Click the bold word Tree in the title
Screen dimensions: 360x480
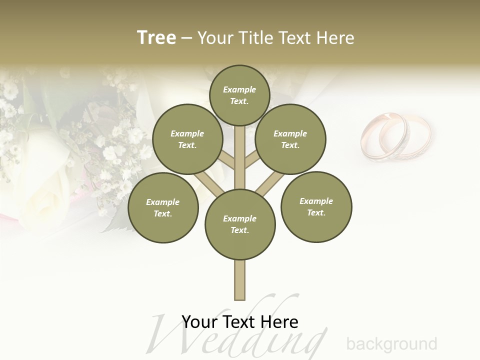pyautogui.click(x=156, y=37)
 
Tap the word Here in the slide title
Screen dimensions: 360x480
pyautogui.click(x=335, y=38)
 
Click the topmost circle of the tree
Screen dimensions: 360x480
pyautogui.click(x=239, y=95)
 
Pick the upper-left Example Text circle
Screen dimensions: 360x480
pyautogui.click(x=187, y=139)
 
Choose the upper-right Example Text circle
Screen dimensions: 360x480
pyautogui.click(x=290, y=139)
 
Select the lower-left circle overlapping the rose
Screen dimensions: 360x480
pyautogui.click(x=163, y=207)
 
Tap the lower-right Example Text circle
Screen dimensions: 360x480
pyautogui.click(x=316, y=206)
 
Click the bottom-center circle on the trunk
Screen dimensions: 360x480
pyautogui.click(x=240, y=224)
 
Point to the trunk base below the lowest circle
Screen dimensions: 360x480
pyautogui.click(x=240, y=280)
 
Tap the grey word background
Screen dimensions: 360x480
pyautogui.click(x=391, y=344)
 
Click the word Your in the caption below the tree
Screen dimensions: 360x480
pyautogui.click(x=199, y=322)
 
